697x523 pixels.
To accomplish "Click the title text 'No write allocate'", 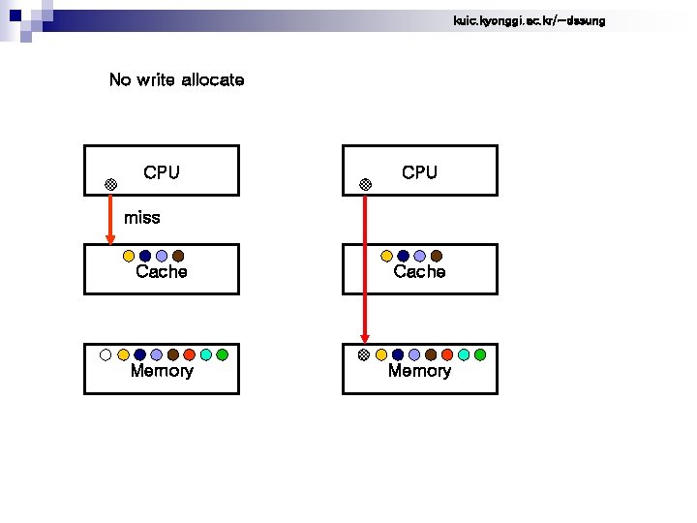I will pos(176,80).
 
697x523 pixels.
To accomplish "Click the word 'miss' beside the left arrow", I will pos(142,218).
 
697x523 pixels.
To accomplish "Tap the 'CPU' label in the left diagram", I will pos(161,173).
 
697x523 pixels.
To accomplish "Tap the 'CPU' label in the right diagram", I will pos(419,173).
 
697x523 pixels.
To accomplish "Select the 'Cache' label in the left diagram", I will pos(162,272).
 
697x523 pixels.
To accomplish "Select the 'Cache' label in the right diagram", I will pos(419,272).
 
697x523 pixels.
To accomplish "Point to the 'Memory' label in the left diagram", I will pos(162,371).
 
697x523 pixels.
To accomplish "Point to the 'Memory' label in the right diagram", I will pos(419,371).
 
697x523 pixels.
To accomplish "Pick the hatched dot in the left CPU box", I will pos(111,184).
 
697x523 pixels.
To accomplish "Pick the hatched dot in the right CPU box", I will pos(364,184).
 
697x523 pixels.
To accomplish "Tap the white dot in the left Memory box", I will pos(106,354).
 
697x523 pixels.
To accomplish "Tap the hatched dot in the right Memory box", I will pos(364,354).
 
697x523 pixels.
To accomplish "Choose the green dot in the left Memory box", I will pos(222,354).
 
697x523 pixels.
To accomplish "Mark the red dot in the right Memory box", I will pos(447,354).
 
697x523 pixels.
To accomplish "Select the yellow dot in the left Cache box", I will pos(129,257).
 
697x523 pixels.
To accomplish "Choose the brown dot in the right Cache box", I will pos(437,257).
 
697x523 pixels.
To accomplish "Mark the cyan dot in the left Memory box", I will pos(205,354).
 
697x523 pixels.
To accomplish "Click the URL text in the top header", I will pos(529,20).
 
